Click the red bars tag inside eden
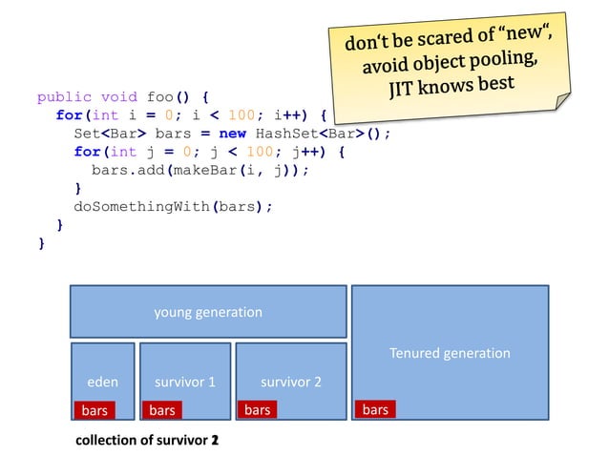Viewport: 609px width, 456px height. (x=94, y=410)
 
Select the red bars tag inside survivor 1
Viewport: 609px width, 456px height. (x=162, y=410)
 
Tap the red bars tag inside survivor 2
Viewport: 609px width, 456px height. (x=257, y=410)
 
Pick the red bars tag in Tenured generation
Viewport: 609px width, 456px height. (x=375, y=410)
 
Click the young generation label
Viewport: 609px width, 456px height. (x=208, y=312)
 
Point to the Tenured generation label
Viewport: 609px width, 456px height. (x=450, y=353)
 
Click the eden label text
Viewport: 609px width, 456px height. (x=103, y=382)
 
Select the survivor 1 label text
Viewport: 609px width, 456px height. (x=185, y=382)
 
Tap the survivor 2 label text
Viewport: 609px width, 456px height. (x=291, y=382)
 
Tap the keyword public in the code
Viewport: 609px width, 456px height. (x=64, y=97)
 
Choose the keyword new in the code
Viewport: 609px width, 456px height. (x=234, y=134)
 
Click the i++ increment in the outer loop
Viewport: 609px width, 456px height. (x=293, y=115)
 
